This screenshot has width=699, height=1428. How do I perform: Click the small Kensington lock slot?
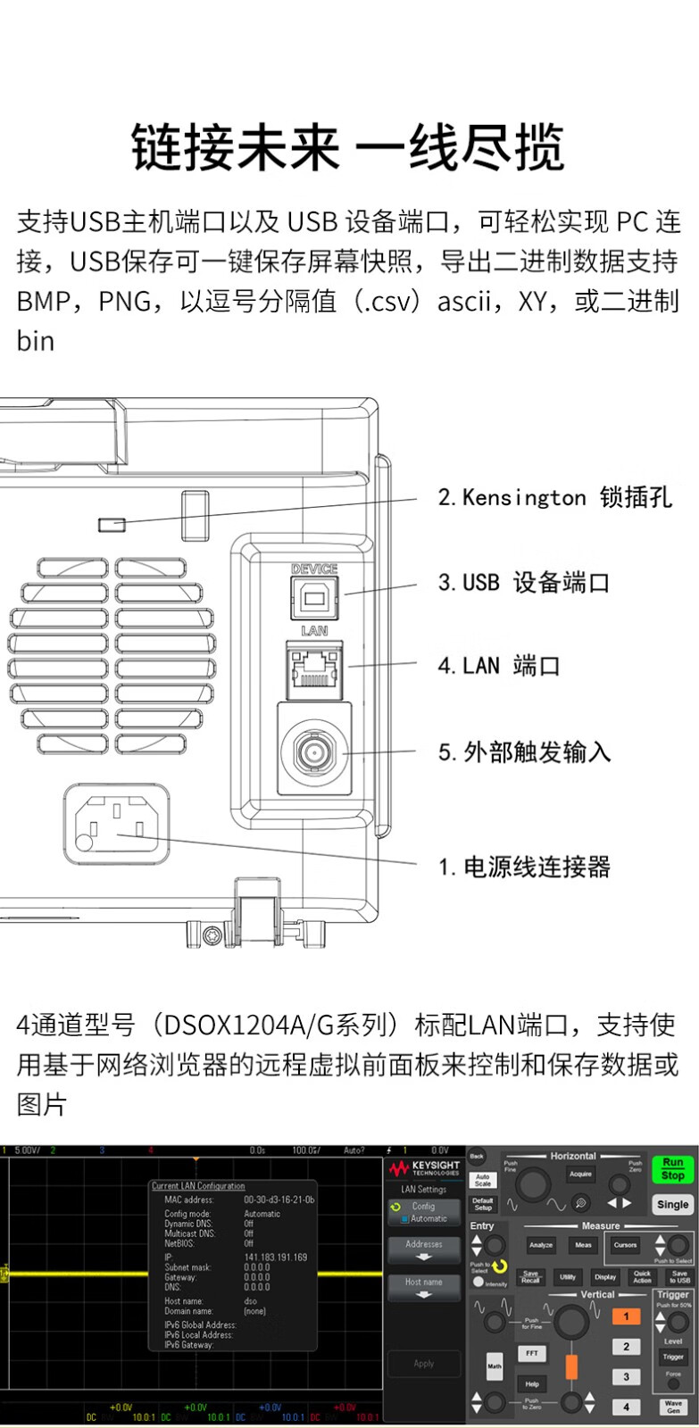[112, 523]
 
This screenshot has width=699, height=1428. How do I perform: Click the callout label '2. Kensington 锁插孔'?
[554, 498]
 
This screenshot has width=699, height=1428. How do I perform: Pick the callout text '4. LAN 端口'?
[498, 666]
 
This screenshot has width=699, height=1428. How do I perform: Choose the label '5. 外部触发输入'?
[524, 752]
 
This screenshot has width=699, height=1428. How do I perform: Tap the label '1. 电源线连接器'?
[524, 867]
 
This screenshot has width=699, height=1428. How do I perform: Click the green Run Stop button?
[672, 1169]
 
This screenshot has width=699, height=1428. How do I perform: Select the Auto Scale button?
[482, 1180]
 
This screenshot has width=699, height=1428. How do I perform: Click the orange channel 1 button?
[626, 1316]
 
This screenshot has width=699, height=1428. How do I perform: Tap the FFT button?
[532, 1354]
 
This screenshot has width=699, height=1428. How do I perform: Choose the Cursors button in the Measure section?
[625, 1245]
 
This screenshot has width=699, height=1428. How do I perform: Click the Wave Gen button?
[673, 1407]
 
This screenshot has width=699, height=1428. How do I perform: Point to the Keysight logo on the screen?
[424, 1168]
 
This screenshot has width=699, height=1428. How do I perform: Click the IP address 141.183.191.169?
[275, 1258]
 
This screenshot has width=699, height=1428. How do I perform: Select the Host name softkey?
[424, 1287]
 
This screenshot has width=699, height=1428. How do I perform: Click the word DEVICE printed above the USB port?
[314, 569]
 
